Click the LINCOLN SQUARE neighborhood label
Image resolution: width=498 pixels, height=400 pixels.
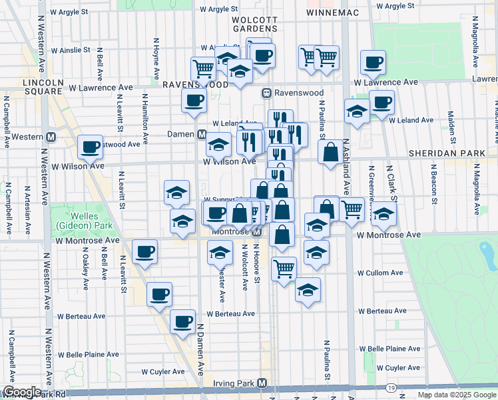pos(43,87)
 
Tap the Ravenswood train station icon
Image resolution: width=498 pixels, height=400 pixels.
pos(266,93)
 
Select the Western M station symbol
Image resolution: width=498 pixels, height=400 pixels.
pos(51,137)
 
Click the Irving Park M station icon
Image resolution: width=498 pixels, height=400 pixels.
pos(262,383)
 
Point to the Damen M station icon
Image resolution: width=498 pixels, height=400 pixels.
pos(201,134)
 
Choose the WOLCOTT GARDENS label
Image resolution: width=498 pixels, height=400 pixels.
pos(254,25)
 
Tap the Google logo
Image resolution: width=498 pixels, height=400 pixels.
pos(22,391)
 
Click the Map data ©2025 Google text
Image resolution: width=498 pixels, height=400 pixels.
pos(457,395)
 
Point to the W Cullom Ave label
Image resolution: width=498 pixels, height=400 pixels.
pos(379,273)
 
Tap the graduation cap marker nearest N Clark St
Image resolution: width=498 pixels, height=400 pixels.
pos(383,213)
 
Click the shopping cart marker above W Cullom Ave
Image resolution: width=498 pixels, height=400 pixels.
pos(284,269)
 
